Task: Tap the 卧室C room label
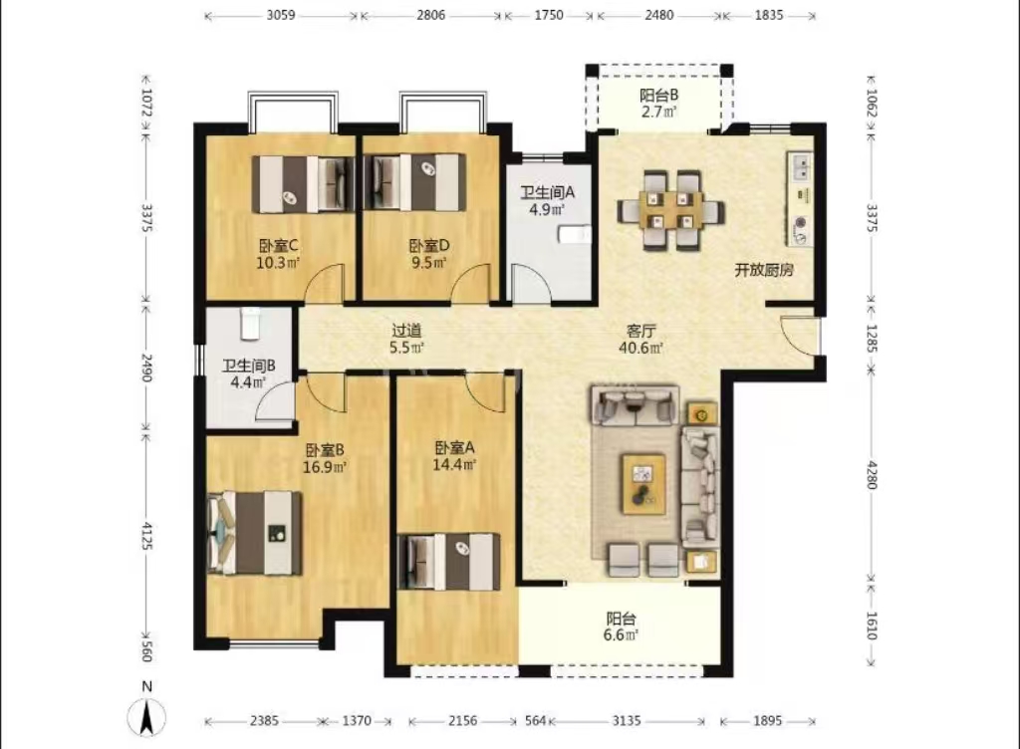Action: [x=279, y=246]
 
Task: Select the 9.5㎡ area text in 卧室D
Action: [x=428, y=264]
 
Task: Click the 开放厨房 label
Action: [x=764, y=270]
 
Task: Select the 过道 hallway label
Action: [x=405, y=330]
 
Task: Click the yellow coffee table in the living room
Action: [x=644, y=483]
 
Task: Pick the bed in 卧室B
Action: [x=255, y=533]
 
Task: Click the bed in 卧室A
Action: [x=447, y=562]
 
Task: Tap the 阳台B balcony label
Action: [x=658, y=96]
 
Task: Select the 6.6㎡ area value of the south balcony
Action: [x=622, y=633]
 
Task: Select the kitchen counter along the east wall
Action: [x=801, y=199]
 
